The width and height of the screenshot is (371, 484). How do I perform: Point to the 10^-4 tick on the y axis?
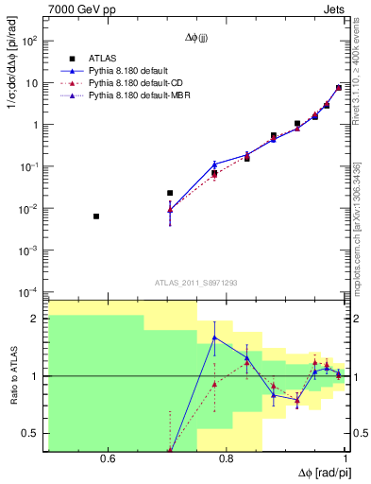[30, 291]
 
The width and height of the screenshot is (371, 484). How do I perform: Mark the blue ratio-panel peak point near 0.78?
[214, 337]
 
